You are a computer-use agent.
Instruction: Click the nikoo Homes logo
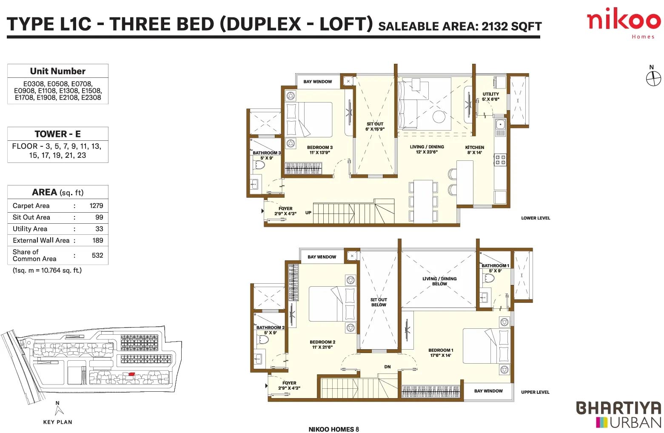[x=624, y=23]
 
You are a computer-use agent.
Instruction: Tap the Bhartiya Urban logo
[x=618, y=415]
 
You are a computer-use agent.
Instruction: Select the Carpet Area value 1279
[x=96, y=206]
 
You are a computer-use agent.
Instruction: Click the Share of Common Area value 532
[x=97, y=255]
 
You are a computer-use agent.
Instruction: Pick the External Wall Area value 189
[x=98, y=240]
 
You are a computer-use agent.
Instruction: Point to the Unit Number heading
[x=58, y=71]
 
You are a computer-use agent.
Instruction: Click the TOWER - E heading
[x=57, y=134]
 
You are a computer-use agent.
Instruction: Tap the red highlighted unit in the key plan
[x=132, y=374]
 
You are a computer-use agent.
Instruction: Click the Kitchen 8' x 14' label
[x=475, y=150]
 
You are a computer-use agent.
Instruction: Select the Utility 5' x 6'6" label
[x=490, y=97]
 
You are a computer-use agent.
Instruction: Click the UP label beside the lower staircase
[x=308, y=213]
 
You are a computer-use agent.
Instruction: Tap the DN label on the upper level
[x=388, y=367]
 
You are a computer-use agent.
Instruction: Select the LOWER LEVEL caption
[x=536, y=218]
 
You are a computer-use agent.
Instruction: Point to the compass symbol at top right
[x=653, y=79]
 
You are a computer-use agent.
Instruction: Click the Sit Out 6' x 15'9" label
[x=375, y=127]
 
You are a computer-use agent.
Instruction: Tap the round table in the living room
[x=439, y=117]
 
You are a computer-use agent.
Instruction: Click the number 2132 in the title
[x=494, y=26]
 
